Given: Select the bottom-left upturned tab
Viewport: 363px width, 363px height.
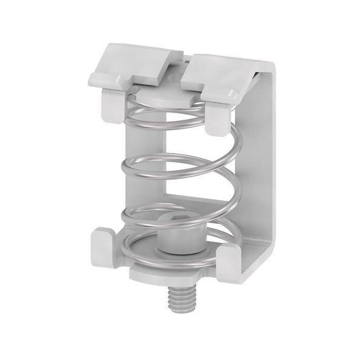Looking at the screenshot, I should point(105,246).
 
